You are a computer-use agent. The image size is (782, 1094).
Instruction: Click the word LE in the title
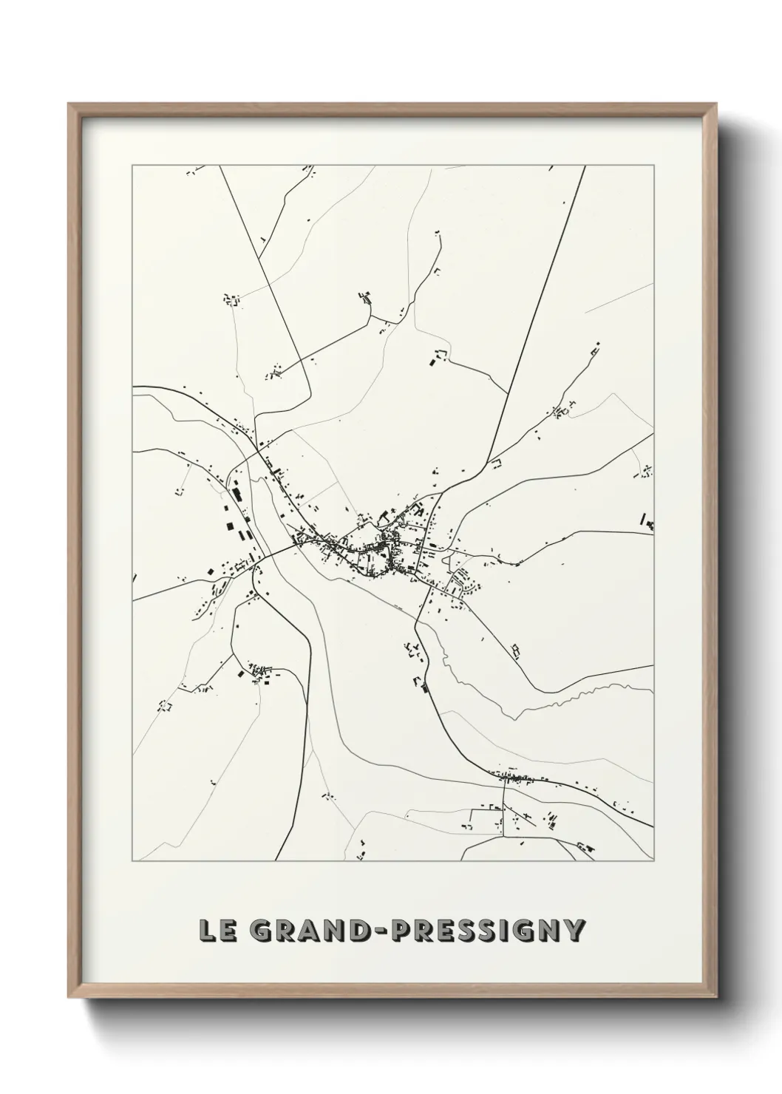coord(216,931)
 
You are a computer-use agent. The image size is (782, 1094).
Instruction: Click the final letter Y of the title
coord(574,931)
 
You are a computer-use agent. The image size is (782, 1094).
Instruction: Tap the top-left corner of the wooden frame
coord(70,106)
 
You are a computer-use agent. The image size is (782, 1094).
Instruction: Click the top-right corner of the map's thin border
coord(654,165)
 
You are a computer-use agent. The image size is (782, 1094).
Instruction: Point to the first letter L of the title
coord(206,931)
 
